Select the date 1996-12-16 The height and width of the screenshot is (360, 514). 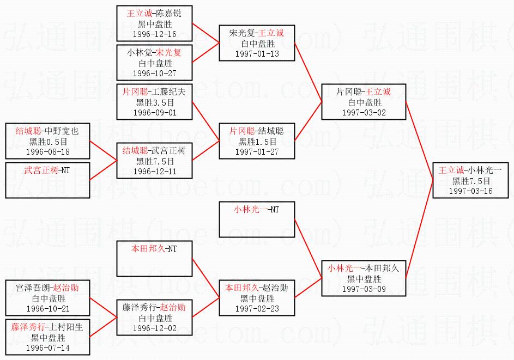pyautogui.click(x=155, y=34)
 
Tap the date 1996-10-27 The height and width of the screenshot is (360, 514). pyautogui.click(x=155, y=74)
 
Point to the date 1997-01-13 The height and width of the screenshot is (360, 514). pyautogui.click(x=257, y=54)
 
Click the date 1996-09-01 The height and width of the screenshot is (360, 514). pyautogui.click(x=155, y=113)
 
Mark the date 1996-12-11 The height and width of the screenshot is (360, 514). pyautogui.click(x=155, y=172)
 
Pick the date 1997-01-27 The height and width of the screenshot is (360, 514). pyautogui.click(x=257, y=152)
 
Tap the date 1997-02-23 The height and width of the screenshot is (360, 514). pyautogui.click(x=257, y=309)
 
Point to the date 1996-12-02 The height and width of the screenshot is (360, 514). pyautogui.click(x=155, y=328)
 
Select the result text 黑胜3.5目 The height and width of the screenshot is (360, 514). pyautogui.click(x=155, y=103)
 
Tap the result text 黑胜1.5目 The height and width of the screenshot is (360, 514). pyautogui.click(x=257, y=142)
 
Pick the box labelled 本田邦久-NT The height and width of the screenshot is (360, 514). pyautogui.click(x=155, y=259)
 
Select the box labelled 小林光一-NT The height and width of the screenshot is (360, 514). pyautogui.click(x=257, y=219)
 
